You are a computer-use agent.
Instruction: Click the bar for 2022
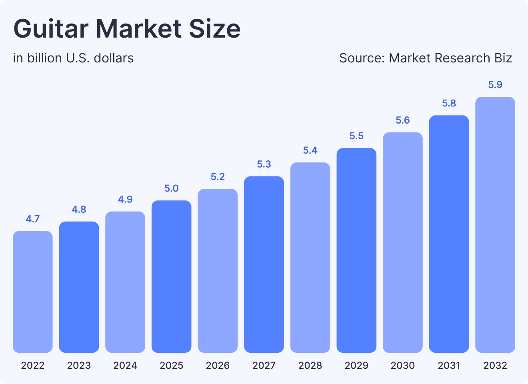point(33,292)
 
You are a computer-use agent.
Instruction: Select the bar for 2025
point(172,276)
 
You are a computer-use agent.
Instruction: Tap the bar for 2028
point(310,258)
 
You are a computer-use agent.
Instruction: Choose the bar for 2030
point(403,242)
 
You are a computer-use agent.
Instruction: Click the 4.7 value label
point(33,219)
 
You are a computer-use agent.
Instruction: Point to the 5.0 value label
point(172,188)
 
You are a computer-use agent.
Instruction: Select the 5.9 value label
point(495,85)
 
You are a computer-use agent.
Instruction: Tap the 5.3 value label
point(264,164)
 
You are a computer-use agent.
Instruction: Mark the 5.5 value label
point(356,136)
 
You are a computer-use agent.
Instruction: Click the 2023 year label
point(79,365)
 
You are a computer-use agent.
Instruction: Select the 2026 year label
point(218,365)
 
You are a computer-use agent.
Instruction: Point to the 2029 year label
point(356,365)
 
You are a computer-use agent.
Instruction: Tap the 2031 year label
point(449,365)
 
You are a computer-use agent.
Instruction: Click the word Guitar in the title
point(51,29)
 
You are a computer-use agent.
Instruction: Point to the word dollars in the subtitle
point(114,58)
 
